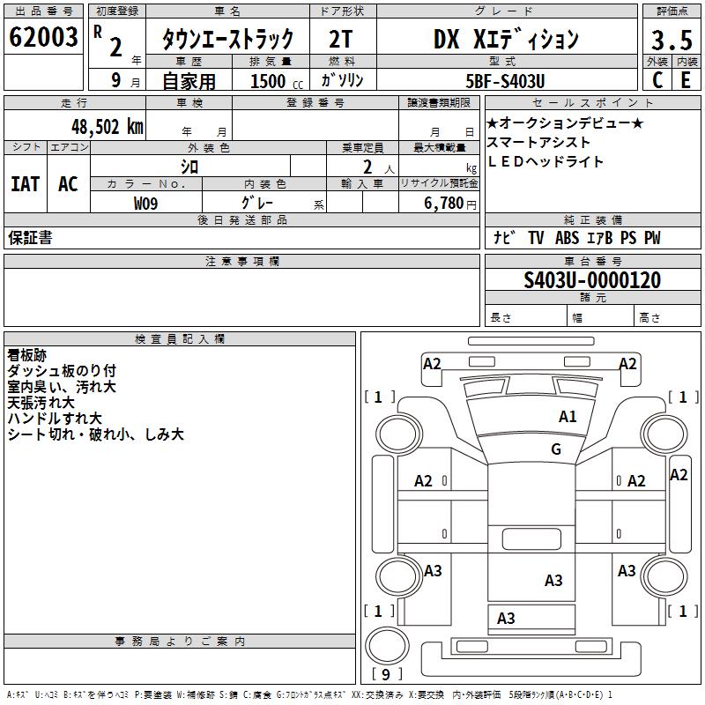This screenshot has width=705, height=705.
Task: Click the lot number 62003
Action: (43, 39)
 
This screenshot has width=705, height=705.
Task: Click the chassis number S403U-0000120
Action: (591, 280)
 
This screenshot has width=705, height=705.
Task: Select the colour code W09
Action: (146, 204)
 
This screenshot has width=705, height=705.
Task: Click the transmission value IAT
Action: (25, 184)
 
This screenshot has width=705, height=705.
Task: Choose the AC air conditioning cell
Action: (68, 184)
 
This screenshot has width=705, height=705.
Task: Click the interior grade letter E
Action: (686, 80)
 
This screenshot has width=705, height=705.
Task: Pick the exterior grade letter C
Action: (657, 80)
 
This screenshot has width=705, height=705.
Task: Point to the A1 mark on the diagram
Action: (568, 417)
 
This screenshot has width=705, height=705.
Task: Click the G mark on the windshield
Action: (556, 449)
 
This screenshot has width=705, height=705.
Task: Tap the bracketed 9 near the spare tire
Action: (386, 674)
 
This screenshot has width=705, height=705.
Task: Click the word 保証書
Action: (30, 238)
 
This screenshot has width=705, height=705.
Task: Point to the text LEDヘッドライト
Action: (546, 161)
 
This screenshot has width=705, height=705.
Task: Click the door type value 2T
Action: (342, 40)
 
